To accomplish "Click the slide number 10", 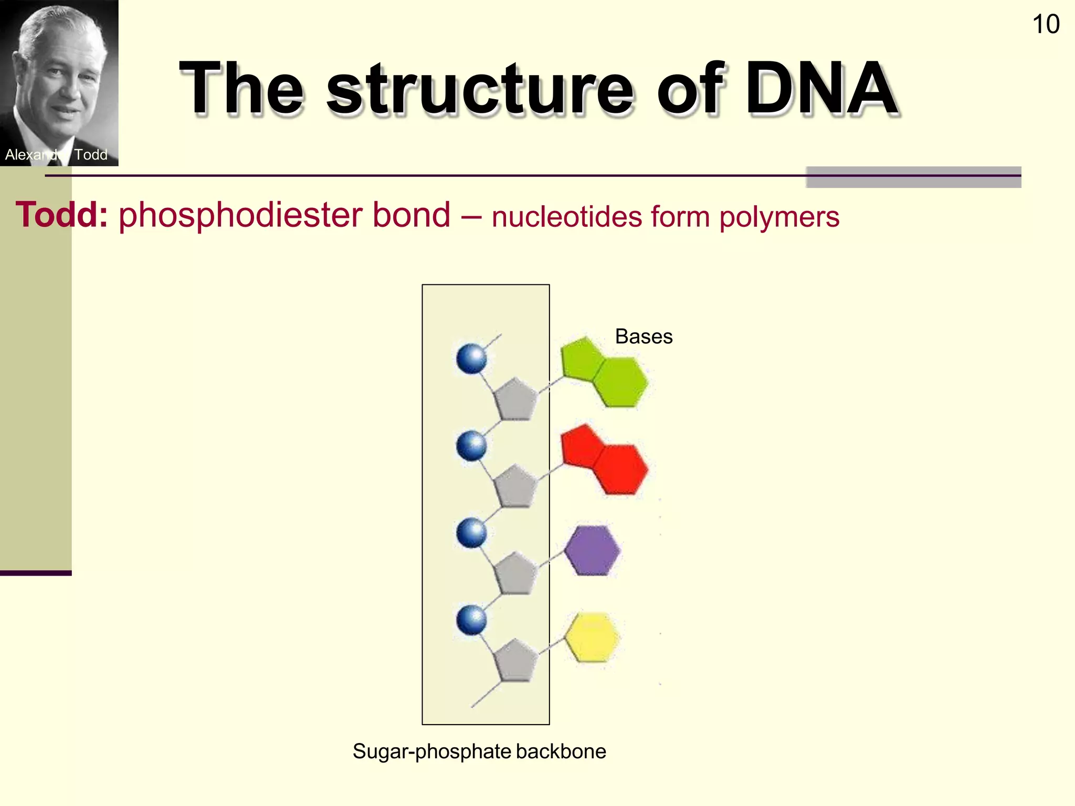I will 1046,25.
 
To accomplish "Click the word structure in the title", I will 480,89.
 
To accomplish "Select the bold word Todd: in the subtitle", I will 62,215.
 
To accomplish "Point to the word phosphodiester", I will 284,216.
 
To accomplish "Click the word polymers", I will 779,217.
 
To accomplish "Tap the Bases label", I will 644,336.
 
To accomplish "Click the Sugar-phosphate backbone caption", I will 479,751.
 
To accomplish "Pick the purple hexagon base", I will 593,550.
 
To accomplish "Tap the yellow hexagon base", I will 593,638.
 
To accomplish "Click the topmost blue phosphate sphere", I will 471,359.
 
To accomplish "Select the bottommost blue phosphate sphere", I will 471,620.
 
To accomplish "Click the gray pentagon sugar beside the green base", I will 515,400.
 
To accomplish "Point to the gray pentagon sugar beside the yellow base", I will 515,661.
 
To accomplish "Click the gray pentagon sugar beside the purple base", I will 515,574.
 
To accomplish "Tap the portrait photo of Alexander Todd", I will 59,79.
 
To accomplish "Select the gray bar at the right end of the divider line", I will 913,177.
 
